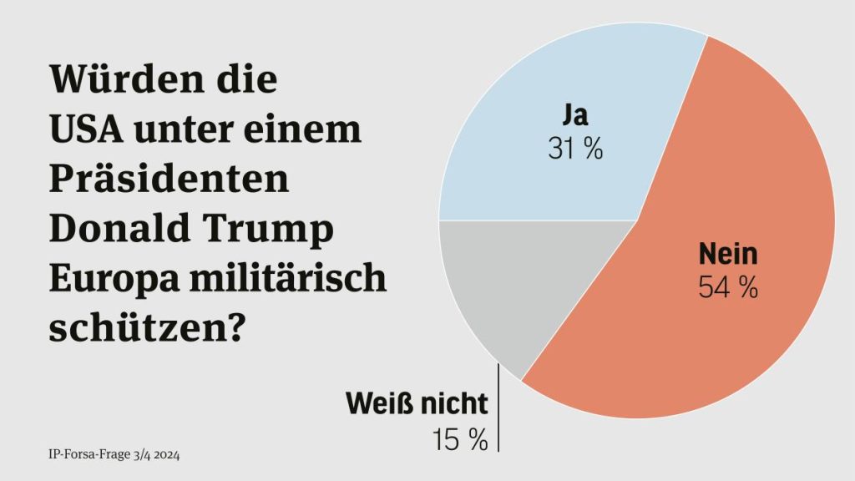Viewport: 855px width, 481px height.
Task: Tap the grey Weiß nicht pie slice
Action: pos(502,278)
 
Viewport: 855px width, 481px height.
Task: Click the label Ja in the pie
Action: pos(576,115)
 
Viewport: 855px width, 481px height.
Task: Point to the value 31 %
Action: pos(576,149)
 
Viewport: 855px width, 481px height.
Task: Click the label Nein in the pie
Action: pos(728,254)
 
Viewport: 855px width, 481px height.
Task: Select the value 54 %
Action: pos(728,287)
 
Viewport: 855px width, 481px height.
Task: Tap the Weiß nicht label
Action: pos(417,403)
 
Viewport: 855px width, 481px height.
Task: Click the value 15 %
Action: pos(460,439)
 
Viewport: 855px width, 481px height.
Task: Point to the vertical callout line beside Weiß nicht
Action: pos(498,408)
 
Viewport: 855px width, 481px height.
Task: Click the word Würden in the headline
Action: pos(128,79)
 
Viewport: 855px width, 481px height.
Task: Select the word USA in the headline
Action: pos(86,129)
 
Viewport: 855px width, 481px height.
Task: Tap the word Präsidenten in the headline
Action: pos(169,179)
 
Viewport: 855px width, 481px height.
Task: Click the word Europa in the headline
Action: pos(114,279)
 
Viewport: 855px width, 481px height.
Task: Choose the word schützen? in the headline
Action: pos(145,328)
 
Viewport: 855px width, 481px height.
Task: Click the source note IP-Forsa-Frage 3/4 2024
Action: pos(114,454)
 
